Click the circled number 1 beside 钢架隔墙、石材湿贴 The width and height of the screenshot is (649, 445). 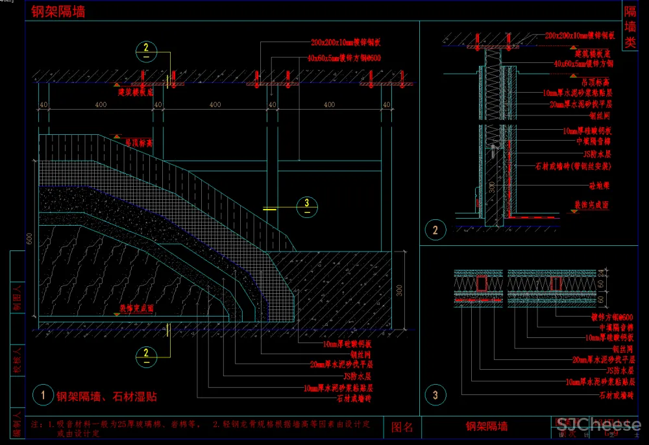click(x=43, y=394)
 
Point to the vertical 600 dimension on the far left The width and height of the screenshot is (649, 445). click(x=29, y=239)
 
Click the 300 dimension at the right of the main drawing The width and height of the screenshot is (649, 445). click(x=399, y=290)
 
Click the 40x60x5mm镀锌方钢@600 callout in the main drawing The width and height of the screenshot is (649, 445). click(x=344, y=58)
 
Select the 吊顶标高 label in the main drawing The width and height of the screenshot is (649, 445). click(x=138, y=141)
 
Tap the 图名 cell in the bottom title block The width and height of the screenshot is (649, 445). click(x=402, y=426)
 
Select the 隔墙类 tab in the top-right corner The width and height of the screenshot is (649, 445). click(x=630, y=27)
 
